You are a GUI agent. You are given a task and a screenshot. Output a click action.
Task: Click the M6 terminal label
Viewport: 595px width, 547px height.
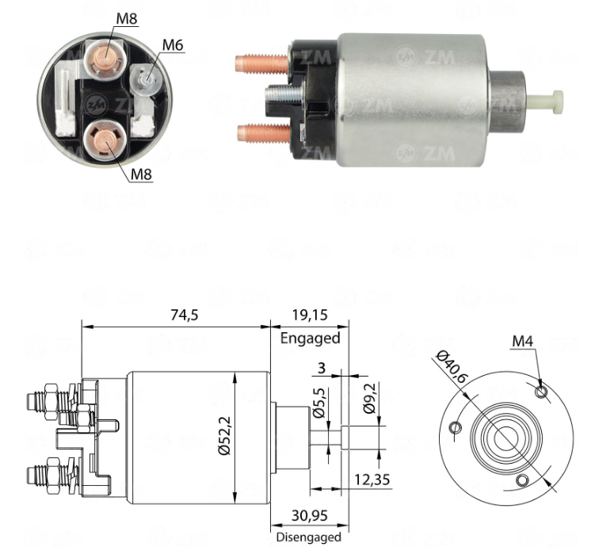(173, 45)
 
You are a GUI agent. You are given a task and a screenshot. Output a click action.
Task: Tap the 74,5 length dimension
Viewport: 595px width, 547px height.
(185, 315)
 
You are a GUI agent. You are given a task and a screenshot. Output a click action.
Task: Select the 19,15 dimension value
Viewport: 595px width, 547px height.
(310, 315)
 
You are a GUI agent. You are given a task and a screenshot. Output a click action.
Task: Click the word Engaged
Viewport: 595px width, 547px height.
(310, 339)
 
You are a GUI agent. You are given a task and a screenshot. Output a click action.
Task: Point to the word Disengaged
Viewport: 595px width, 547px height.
(309, 537)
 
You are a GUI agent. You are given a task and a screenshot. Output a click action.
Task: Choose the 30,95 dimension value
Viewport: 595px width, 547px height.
(309, 515)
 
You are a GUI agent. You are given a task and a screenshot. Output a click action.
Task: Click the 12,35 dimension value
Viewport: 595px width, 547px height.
(372, 480)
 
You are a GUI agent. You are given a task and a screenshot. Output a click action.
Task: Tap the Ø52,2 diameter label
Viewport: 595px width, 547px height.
(224, 435)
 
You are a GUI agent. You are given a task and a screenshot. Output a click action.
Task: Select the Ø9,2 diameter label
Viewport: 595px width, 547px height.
(369, 398)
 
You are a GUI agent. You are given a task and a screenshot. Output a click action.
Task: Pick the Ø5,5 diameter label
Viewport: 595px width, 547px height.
(319, 404)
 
